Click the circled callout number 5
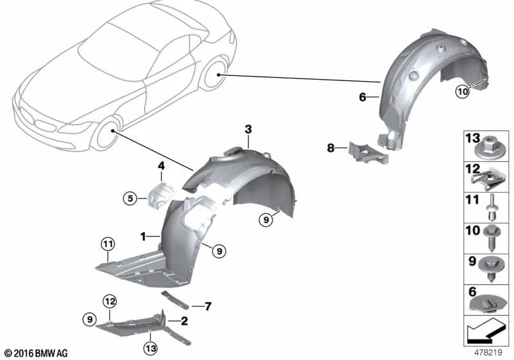tap(130, 199)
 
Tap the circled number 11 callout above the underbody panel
tap(108, 244)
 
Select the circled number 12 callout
tap(110, 301)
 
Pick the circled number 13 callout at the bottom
tap(150, 348)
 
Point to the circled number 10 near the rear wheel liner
tap(463, 91)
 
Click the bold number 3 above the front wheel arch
tap(248, 129)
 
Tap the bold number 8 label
tap(331, 148)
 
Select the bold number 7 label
tap(208, 307)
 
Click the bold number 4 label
tap(161, 166)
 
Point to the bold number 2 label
tap(184, 321)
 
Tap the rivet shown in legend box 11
tap(492, 208)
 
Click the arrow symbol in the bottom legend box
tap(485, 331)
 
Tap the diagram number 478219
tap(488, 352)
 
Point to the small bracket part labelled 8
tap(368, 152)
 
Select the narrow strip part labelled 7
tap(175, 300)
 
